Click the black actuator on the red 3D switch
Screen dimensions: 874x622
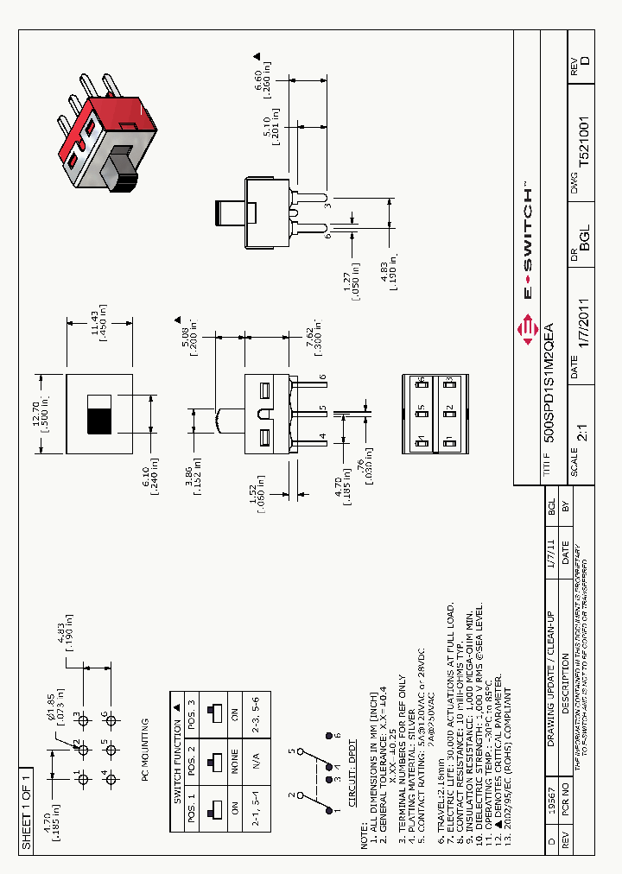tap(121, 168)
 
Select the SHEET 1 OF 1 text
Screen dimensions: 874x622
tap(26, 808)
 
